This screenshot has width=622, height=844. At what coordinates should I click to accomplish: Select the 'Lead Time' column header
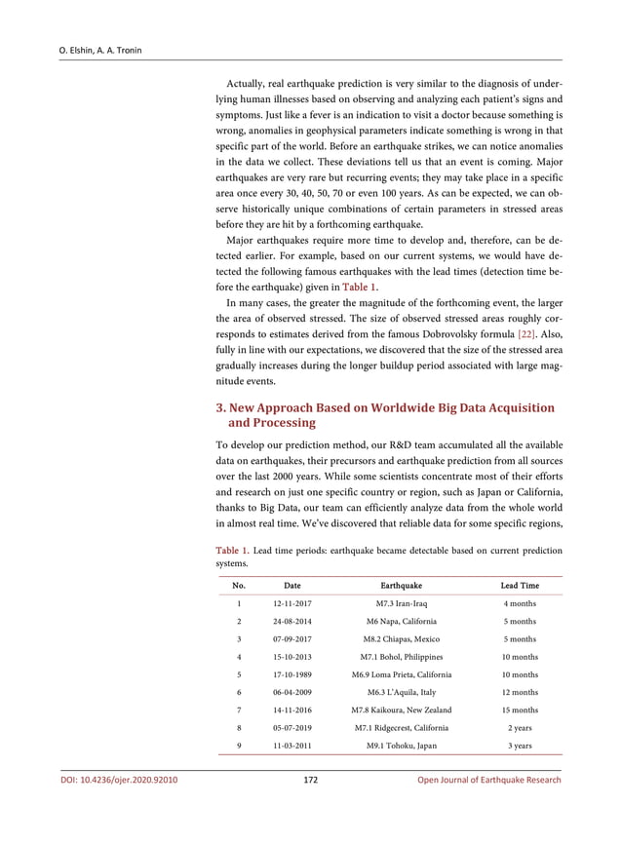click(520, 586)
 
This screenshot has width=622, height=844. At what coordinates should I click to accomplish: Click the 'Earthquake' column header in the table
click(401, 586)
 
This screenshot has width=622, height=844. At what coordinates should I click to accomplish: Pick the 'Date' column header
click(292, 586)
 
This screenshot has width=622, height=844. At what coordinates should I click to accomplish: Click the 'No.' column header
click(239, 586)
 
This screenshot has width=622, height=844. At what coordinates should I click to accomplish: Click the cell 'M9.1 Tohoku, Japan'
click(401, 746)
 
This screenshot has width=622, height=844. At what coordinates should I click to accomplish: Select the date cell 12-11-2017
click(292, 604)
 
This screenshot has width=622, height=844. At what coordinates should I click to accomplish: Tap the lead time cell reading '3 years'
click(520, 746)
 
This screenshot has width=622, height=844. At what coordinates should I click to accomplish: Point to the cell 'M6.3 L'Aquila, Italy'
click(401, 692)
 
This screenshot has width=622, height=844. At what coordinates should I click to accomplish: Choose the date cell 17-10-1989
click(292, 674)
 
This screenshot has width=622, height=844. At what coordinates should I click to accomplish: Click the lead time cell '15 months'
click(520, 710)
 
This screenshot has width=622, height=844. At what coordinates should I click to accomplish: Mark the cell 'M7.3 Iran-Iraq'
click(401, 604)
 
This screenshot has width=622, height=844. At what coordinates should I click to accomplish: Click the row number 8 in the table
click(239, 727)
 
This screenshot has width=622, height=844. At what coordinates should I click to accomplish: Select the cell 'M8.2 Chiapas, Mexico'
click(401, 639)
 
